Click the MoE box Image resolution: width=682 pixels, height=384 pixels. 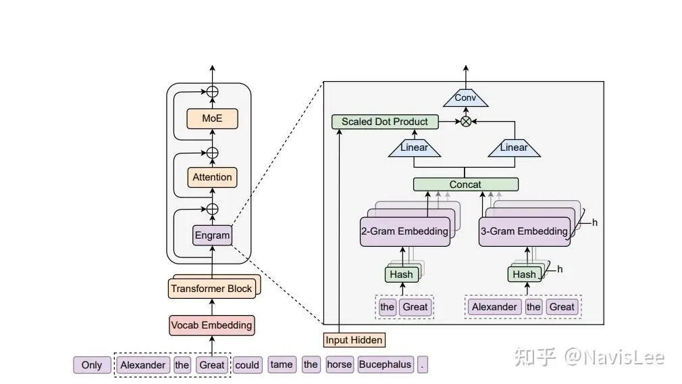pyautogui.click(x=212, y=119)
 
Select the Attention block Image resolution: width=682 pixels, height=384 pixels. pyautogui.click(x=212, y=177)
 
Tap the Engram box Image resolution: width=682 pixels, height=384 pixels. pyautogui.click(x=212, y=235)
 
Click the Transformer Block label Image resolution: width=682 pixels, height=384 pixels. pyautogui.click(x=211, y=289)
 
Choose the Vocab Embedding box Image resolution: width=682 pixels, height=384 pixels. pyautogui.click(x=211, y=325)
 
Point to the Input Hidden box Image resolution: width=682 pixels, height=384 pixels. pyautogui.click(x=355, y=339)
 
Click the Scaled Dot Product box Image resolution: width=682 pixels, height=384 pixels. pyautogui.click(x=384, y=122)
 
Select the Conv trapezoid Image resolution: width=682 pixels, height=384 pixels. pyautogui.click(x=465, y=99)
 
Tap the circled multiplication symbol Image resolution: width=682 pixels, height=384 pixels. pyautogui.click(x=465, y=122)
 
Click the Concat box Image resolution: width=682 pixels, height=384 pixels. pyautogui.click(x=465, y=185)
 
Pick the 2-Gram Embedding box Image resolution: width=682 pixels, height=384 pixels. pyautogui.click(x=404, y=231)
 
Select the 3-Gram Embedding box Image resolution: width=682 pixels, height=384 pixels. pyautogui.click(x=524, y=231)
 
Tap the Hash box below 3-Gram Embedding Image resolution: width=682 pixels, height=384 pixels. pyautogui.click(x=524, y=274)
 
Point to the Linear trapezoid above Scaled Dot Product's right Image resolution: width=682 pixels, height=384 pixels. pyautogui.click(x=415, y=147)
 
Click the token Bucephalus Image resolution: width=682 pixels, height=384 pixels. pyautogui.click(x=385, y=365)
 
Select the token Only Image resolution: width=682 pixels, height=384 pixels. pyautogui.click(x=91, y=365)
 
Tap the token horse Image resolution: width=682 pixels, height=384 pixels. pyautogui.click(x=339, y=365)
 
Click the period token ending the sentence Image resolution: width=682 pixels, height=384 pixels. pyautogui.click(x=423, y=365)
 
